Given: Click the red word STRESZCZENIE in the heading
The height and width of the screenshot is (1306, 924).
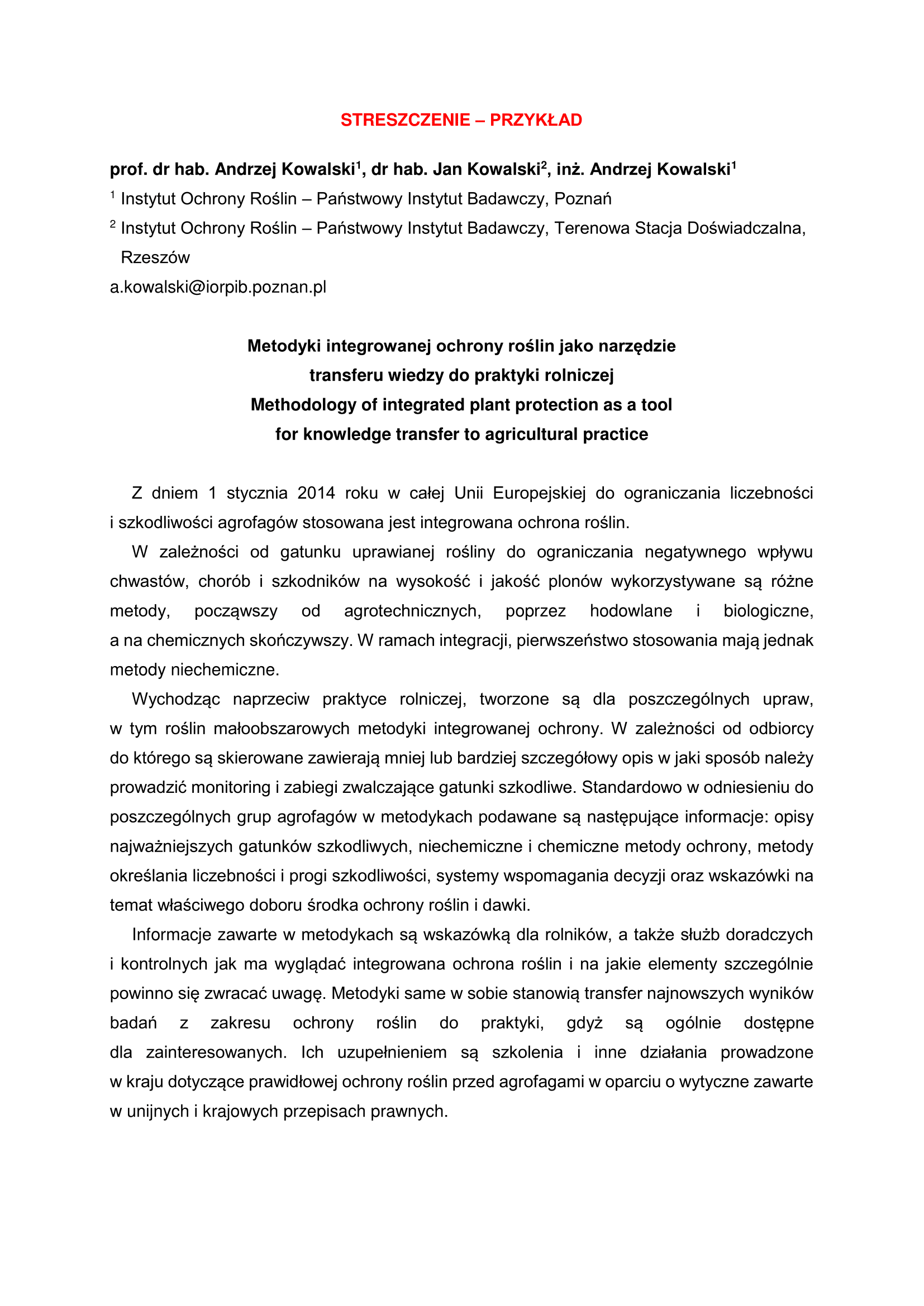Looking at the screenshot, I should [405, 120].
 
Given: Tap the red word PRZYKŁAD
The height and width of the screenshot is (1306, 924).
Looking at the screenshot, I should [536, 120].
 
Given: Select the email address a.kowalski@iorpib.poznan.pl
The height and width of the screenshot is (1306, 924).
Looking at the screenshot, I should [218, 287].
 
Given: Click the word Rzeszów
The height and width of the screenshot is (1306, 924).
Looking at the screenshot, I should [155, 257].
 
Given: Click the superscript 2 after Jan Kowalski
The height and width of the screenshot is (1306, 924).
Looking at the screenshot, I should [544, 165].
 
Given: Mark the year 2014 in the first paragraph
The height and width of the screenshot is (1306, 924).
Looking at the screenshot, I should [316, 493].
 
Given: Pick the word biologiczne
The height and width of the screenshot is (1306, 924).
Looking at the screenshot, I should [768, 611].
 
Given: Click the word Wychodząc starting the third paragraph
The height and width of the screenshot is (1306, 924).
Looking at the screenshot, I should [176, 699].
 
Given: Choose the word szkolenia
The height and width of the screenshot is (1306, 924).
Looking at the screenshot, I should [527, 1053].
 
